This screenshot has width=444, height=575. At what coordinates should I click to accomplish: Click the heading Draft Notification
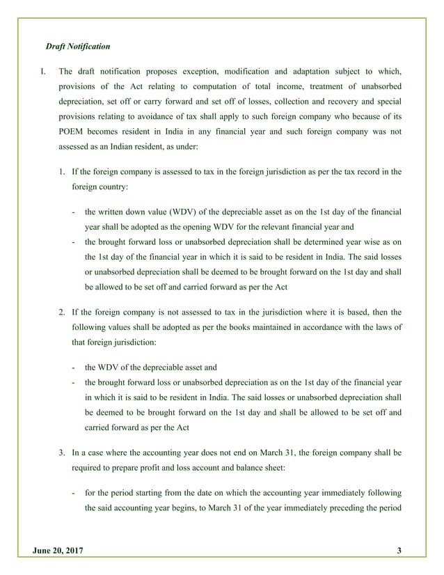pos(78,47)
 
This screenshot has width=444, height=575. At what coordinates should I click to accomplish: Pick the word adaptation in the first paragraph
pos(311,71)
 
